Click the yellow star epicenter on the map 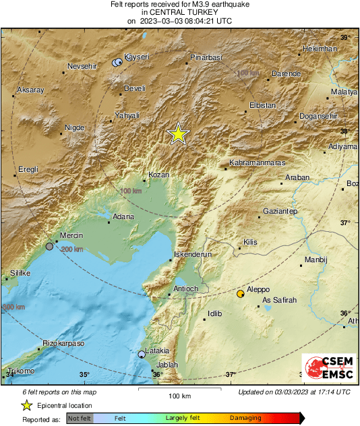(178, 133)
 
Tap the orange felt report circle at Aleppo (241, 294)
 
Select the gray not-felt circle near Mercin (49, 247)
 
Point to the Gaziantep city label (280, 212)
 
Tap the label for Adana (123, 216)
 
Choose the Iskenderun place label (193, 255)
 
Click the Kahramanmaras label (258, 163)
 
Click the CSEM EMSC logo (327, 371)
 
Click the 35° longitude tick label (84, 375)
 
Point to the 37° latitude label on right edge (344, 222)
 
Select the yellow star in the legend (26, 405)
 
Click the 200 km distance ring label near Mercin (72, 249)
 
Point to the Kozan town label (157, 174)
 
